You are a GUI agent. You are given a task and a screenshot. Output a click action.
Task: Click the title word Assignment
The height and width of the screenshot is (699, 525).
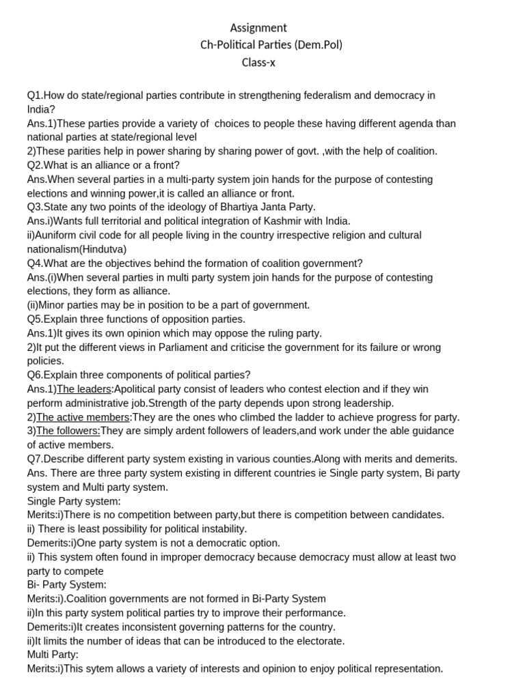click(x=258, y=28)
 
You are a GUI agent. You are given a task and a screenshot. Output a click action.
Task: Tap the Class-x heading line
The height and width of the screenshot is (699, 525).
click(x=258, y=62)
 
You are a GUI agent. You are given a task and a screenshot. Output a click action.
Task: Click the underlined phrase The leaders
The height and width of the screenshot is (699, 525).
click(x=84, y=389)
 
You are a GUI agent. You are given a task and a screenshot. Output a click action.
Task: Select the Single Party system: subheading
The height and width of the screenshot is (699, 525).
click(x=74, y=501)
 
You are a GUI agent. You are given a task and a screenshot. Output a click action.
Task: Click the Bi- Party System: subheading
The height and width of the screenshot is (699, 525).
click(x=66, y=585)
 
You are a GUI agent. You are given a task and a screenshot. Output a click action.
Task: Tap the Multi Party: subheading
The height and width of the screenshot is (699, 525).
click(x=53, y=655)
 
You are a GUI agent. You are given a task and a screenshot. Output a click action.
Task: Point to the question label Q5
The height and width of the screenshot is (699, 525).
click(x=34, y=319)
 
